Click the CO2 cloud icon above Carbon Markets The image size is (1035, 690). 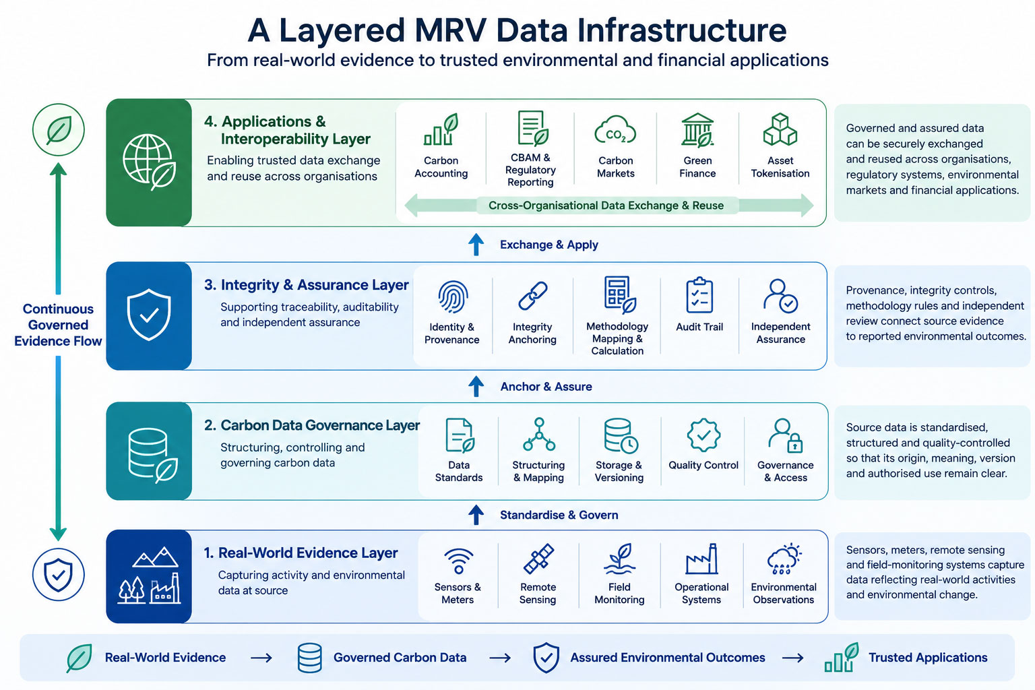[615, 131]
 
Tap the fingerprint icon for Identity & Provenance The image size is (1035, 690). [453, 296]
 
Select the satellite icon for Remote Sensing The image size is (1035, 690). [538, 559]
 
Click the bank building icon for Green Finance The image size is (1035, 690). [697, 130]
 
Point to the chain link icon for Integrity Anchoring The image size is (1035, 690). [533, 296]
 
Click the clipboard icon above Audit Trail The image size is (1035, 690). [699, 295]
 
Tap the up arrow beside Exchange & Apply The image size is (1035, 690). [476, 245]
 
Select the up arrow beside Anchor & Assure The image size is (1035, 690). [476, 386]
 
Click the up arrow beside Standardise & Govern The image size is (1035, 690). [476, 515]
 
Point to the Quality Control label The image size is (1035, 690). [703, 465]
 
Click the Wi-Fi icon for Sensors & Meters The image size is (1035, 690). [458, 561]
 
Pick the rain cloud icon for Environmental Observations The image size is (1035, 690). [784, 559]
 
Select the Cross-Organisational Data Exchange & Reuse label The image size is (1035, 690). [606, 206]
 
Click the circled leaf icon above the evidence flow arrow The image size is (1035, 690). [59, 130]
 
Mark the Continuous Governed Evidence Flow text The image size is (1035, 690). [58, 325]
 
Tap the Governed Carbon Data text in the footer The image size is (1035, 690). [400, 657]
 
